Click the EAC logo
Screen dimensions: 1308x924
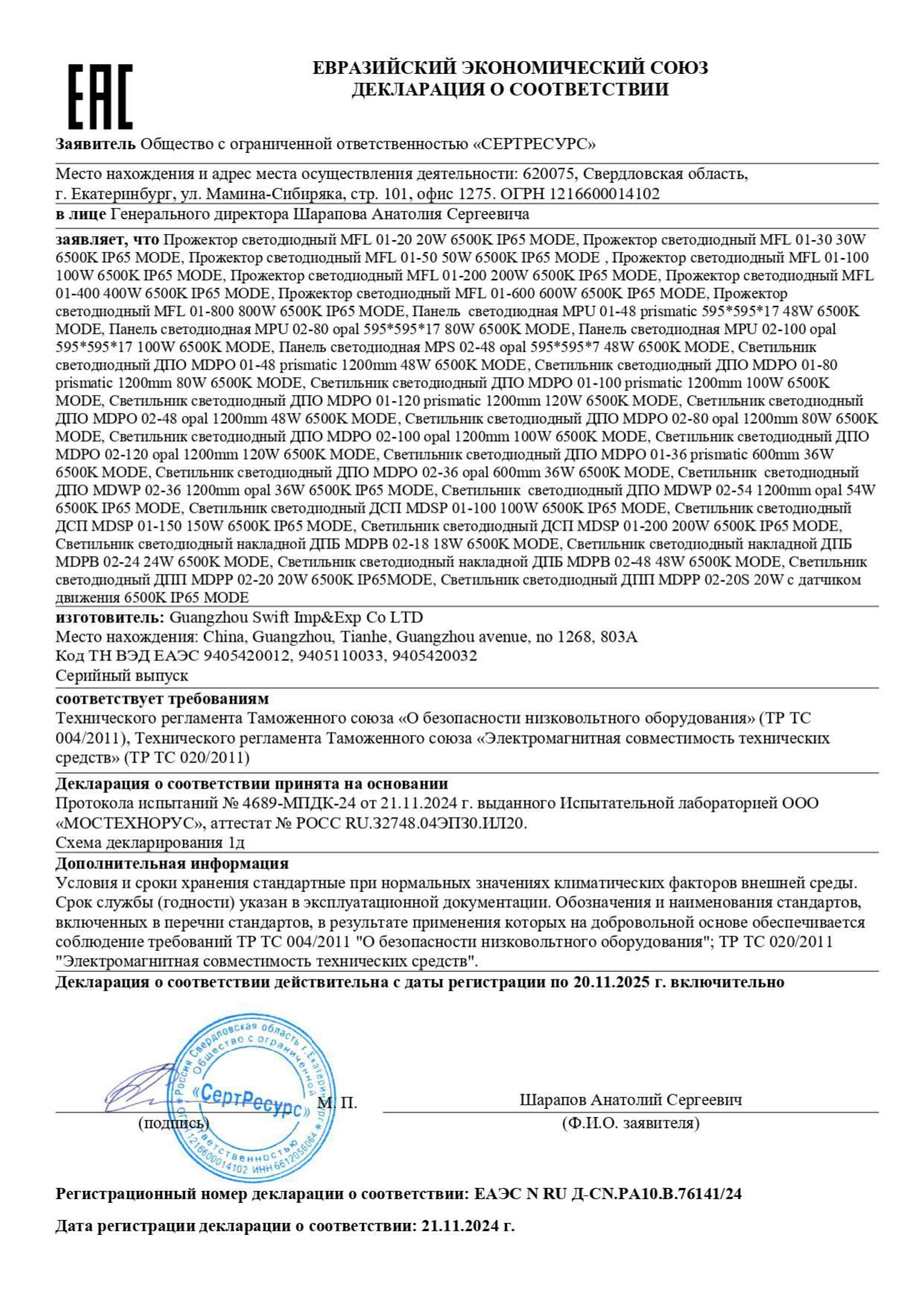pos(100,96)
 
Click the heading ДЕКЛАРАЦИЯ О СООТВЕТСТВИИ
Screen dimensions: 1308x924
pos(510,90)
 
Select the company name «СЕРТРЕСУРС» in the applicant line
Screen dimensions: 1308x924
pos(534,144)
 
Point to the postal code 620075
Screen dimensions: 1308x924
pos(548,174)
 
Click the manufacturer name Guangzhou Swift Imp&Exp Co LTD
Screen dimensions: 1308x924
pos(296,617)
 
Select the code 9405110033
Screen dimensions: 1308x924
pos(341,656)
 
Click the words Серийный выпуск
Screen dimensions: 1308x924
pos(122,675)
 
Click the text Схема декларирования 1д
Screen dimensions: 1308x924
pos(151,842)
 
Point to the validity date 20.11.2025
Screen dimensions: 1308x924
pos(612,982)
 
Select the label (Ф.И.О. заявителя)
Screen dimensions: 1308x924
pos(630,1123)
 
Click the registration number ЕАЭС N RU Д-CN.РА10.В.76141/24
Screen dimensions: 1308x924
pos(607,1194)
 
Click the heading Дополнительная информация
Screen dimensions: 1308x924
pos(172,863)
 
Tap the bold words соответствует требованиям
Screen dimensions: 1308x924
pos(162,699)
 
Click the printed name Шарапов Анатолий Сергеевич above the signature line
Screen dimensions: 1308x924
pos(630,1099)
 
